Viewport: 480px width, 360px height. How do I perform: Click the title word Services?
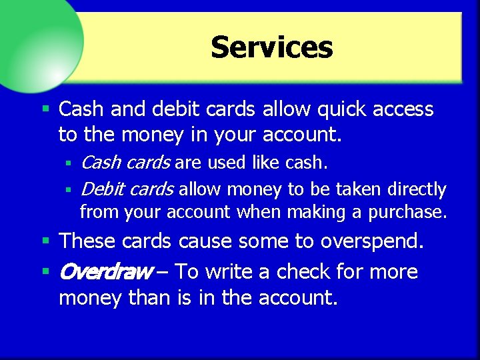271,47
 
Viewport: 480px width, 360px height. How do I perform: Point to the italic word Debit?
102,189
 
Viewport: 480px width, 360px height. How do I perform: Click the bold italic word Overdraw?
106,272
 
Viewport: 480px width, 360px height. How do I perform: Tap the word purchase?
407,213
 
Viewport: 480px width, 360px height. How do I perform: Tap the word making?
313,213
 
